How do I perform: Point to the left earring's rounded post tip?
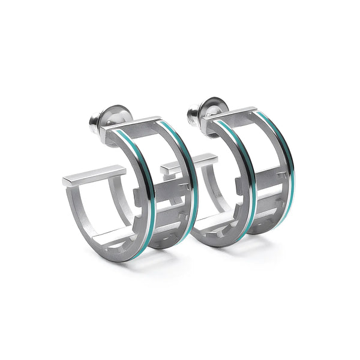click(x=94, y=124)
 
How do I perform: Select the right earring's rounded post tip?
click(x=193, y=114)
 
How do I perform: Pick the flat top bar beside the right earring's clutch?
click(x=231, y=114)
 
